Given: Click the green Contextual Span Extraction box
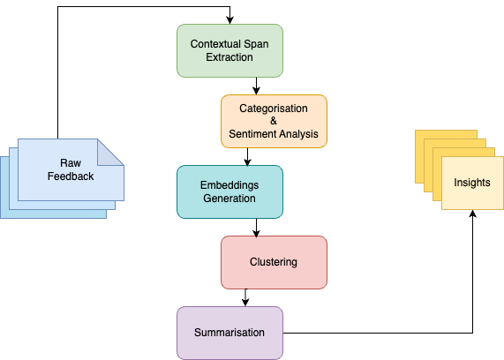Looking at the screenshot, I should click(x=229, y=50).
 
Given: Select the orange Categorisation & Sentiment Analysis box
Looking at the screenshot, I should click(x=274, y=121).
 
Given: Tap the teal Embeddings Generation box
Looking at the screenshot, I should click(x=229, y=191).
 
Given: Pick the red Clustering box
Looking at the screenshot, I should click(x=274, y=262).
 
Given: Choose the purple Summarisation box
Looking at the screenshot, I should click(x=229, y=333).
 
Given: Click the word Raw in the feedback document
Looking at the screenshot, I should click(x=71, y=163).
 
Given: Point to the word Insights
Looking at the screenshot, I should click(x=472, y=183).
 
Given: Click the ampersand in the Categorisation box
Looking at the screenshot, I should click(x=274, y=121).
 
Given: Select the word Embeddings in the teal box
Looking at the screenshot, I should click(x=229, y=184).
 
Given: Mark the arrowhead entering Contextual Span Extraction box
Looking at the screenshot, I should click(x=229, y=20).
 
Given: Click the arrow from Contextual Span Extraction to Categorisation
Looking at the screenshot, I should click(x=256, y=86).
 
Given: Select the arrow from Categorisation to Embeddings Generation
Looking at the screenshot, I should click(x=247, y=156).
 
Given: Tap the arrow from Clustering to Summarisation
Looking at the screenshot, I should click(x=247, y=297).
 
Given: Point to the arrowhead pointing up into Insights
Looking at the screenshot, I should click(x=472, y=214).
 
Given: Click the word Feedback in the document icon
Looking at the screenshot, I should click(x=71, y=176).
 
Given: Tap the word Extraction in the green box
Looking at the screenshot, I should click(x=229, y=57).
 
